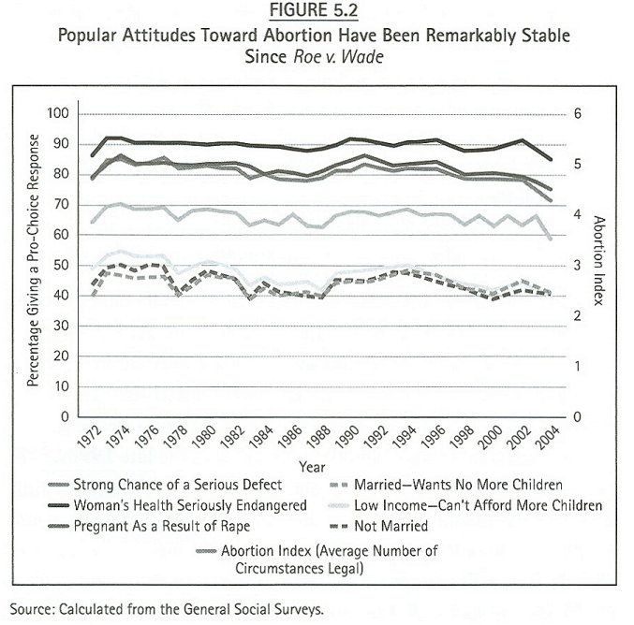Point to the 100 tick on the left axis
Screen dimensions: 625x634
click(x=59, y=113)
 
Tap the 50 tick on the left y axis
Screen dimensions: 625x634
click(x=63, y=265)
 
